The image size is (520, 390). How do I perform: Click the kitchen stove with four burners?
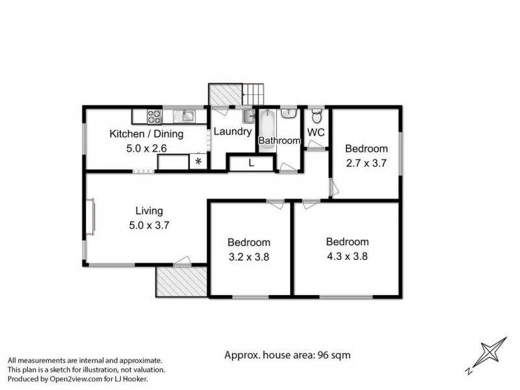tap(155, 116)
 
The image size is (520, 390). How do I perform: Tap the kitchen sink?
tap(187, 116)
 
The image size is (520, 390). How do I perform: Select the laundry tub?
tap(248, 116)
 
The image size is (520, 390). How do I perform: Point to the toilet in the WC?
tap(317, 117)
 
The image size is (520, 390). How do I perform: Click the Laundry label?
tap(233, 131)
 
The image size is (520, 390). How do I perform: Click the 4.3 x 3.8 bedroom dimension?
tap(347, 255)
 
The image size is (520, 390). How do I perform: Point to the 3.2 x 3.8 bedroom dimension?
tap(248, 256)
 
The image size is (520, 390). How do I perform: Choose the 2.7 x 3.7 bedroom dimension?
tap(366, 163)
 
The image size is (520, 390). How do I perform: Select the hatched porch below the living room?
tap(181, 281)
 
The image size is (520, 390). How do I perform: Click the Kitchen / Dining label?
tap(146, 134)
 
